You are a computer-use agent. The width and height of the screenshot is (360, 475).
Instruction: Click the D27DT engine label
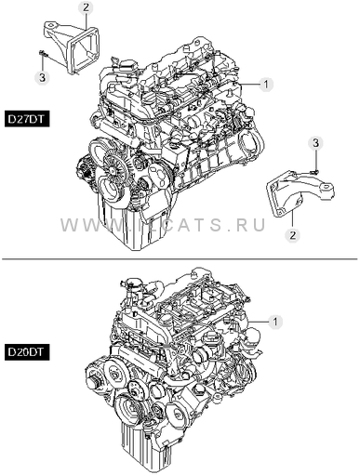[27, 119]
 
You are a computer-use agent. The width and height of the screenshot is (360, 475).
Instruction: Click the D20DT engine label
[27, 352]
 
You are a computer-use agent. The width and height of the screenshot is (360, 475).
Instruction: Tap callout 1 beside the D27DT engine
[266, 84]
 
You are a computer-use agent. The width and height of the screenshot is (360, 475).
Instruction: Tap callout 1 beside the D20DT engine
[274, 323]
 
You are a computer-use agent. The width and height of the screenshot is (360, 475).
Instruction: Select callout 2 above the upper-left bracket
[86, 7]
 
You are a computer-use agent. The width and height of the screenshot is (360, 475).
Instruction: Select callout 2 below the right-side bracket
[292, 235]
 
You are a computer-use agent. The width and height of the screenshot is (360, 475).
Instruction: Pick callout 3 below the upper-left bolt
[42, 76]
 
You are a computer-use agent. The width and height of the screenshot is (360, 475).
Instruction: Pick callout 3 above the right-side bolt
[315, 143]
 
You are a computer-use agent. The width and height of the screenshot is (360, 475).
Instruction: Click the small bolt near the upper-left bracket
[43, 54]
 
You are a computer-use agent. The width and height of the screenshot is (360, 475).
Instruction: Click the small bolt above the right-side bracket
[314, 171]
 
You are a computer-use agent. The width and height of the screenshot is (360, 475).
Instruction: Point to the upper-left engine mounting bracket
[72, 46]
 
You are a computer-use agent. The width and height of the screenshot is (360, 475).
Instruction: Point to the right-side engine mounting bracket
[300, 194]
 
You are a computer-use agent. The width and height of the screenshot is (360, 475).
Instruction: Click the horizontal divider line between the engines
[180, 258]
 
